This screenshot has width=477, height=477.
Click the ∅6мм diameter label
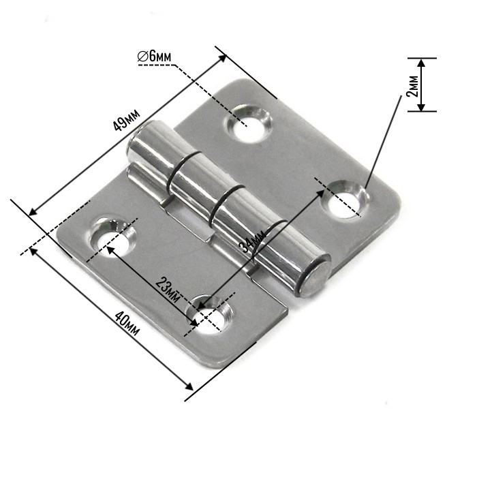[154, 58]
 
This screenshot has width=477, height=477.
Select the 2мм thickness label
[412, 85]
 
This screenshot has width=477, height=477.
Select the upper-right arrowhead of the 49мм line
[224, 57]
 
